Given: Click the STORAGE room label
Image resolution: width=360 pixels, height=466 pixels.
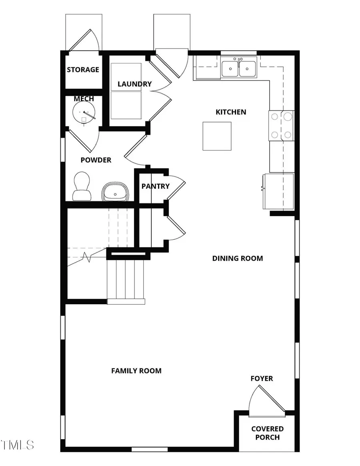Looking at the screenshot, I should point(83,70).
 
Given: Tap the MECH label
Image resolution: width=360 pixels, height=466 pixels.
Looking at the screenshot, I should point(84,99).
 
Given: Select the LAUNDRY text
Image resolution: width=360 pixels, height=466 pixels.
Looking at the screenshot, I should point(134,84).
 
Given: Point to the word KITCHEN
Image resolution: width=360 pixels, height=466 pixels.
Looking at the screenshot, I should point(231,112).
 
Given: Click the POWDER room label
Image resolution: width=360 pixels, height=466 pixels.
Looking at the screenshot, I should point(96,160).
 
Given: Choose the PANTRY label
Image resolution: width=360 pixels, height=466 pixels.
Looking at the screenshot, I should point(155,186).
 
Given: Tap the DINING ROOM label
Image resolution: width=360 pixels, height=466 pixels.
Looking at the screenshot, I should point(237,259).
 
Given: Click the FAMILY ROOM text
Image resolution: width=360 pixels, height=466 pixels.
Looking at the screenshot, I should point(136,371).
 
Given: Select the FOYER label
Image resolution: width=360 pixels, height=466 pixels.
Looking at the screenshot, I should point(262,379).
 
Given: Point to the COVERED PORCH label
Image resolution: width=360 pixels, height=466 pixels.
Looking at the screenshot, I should point(267,433).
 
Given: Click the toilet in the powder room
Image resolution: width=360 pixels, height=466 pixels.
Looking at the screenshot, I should point(82,187).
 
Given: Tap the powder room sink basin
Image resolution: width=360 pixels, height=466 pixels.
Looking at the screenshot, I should point(115,192).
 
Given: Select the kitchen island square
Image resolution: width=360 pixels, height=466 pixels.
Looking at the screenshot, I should point(217,136).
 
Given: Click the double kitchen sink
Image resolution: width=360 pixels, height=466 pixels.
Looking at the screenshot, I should point(239,67).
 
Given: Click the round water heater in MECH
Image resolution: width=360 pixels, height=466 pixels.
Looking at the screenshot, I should point(85,113).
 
